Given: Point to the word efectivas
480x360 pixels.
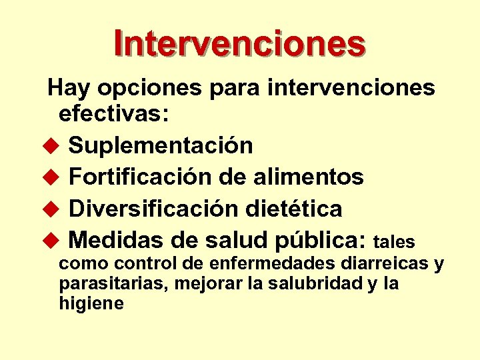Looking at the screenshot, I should pyautogui.click(x=115, y=113).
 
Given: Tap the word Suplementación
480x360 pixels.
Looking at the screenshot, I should pyautogui.click(x=161, y=145).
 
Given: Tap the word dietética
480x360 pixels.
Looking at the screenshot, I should pyautogui.click(x=291, y=209).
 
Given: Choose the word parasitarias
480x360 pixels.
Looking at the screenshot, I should pyautogui.click(x=114, y=284).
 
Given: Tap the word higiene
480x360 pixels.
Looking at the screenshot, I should pyautogui.click(x=91, y=304).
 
